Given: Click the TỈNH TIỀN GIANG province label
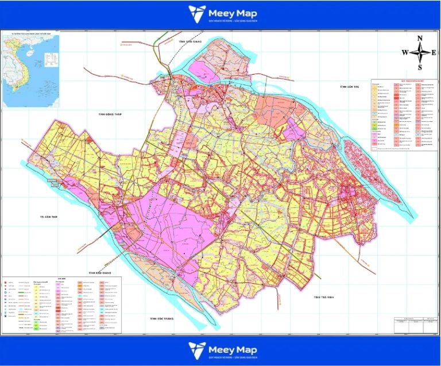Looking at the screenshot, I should pos(191,41).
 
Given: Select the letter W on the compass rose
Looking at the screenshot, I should pos(405,52).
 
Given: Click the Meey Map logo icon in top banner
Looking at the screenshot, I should pos(197,13).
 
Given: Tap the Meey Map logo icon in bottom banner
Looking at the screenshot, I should pos(197,349).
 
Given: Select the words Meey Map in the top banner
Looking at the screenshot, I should pos(233,12).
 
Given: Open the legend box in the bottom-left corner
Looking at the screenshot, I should pos(63,303).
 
